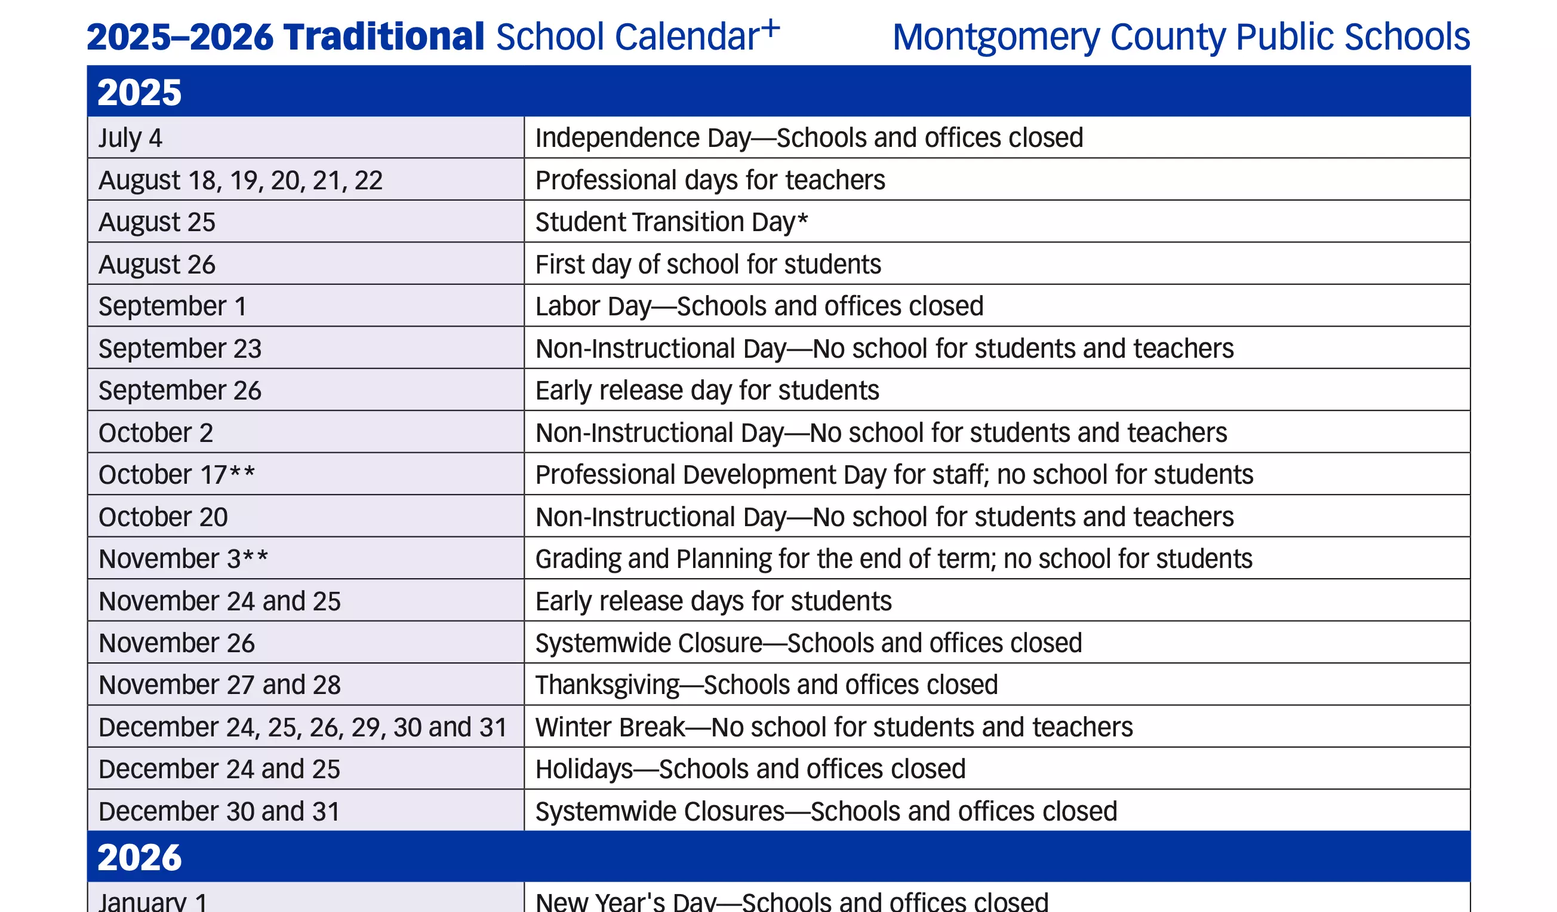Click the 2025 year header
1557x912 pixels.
(140, 92)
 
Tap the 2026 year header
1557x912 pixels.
(140, 857)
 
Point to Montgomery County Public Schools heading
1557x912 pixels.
(1181, 37)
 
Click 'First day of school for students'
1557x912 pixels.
(708, 265)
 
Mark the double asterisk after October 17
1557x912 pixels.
(242, 474)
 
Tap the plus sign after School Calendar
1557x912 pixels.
(771, 28)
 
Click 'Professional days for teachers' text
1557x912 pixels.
(710, 180)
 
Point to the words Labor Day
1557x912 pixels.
(593, 306)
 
